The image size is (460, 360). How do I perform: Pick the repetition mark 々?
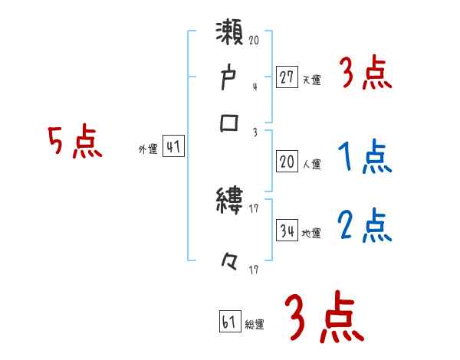pos(228,263)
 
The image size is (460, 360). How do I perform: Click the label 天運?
pos(311,80)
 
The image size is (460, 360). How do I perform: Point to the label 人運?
pos(311,164)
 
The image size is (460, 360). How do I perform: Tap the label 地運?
pos(311,233)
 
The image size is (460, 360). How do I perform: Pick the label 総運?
pos(255,324)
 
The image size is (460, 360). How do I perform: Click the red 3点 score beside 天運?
pos(365,74)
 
